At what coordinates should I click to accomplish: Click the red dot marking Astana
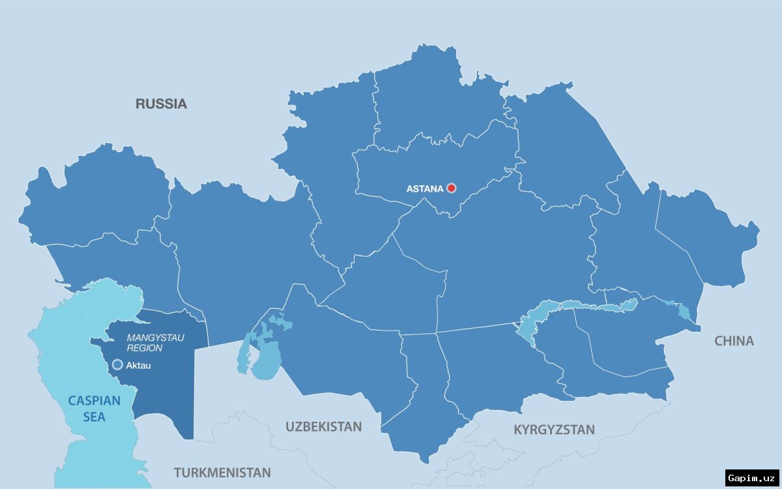451,188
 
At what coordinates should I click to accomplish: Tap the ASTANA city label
424,189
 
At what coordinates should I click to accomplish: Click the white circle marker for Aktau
117,364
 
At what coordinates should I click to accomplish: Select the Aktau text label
139,366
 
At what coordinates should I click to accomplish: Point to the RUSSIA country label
161,104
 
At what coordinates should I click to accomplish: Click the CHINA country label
734,341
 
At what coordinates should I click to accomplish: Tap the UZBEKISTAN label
323,427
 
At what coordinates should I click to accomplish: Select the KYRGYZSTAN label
554,430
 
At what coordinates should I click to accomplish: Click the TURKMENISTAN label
222,473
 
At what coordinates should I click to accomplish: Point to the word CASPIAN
94,400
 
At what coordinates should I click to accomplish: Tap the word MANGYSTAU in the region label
156,338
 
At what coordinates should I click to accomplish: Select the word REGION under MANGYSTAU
145,348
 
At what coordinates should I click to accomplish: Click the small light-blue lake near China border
683,313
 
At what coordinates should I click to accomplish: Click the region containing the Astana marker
430,163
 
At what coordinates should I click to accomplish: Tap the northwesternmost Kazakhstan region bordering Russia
98,196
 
